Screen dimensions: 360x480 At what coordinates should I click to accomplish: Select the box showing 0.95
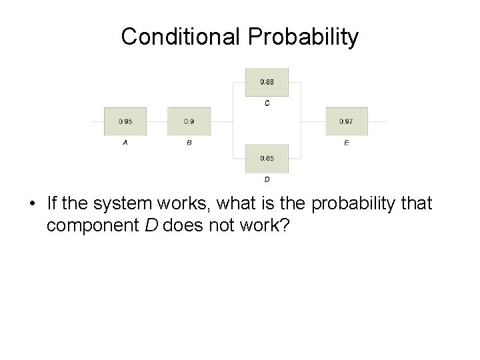125,122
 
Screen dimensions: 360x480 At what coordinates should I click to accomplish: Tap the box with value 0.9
189,122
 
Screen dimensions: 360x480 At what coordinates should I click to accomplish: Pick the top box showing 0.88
267,83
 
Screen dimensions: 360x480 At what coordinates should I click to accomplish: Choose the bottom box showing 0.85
267,159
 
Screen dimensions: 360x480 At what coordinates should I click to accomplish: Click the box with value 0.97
347,122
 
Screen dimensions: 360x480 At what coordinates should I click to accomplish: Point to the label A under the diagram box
125,143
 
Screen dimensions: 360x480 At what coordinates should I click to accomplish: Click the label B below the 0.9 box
189,143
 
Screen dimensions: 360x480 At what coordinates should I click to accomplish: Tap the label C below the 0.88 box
267,103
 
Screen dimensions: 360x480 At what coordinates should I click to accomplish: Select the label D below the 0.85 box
267,179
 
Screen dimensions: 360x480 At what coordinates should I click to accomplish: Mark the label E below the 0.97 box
347,143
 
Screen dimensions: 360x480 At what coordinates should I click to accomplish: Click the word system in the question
117,203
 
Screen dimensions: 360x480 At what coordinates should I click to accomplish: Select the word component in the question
93,225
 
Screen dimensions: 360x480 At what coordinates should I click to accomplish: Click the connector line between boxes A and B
157,122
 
